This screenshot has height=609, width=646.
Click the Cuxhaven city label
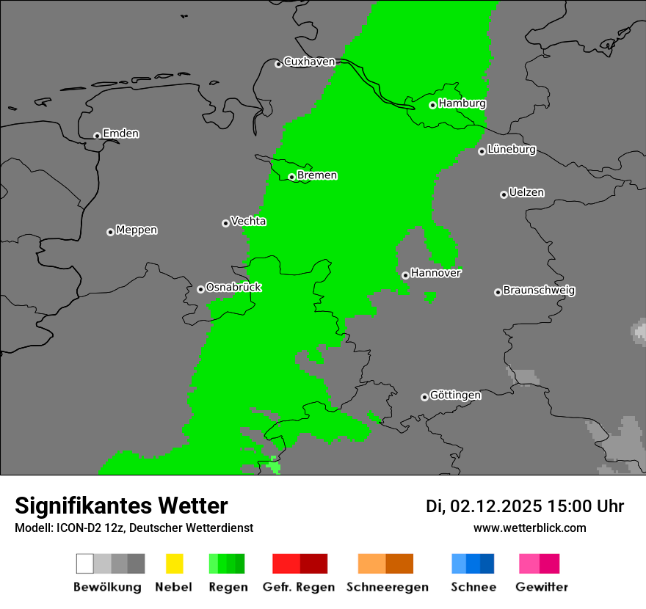tap(309, 62)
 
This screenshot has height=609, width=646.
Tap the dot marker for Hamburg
tap(432, 105)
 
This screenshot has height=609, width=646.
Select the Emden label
tap(120, 134)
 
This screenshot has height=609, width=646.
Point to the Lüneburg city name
tap(511, 149)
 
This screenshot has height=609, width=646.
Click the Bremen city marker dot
tap(291, 177)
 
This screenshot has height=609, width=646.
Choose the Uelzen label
tap(526, 192)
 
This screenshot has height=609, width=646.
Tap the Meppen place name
tap(137, 230)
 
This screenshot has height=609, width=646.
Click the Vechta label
tap(248, 221)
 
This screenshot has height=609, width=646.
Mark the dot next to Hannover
tap(405, 275)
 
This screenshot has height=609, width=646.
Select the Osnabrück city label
tap(233, 287)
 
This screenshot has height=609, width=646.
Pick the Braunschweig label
tap(539, 290)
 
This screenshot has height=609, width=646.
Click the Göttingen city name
tap(455, 395)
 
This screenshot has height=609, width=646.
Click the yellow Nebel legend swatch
tap(174, 564)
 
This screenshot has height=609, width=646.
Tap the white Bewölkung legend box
tap(85, 564)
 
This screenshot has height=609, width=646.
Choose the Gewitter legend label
tap(541, 587)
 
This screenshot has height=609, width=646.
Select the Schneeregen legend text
tap(387, 587)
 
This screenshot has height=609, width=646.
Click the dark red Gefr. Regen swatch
tap(313, 564)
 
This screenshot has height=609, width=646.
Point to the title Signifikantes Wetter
tap(121, 506)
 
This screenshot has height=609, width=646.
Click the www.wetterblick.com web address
tap(529, 528)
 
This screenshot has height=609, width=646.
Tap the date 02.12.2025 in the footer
tap(496, 506)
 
